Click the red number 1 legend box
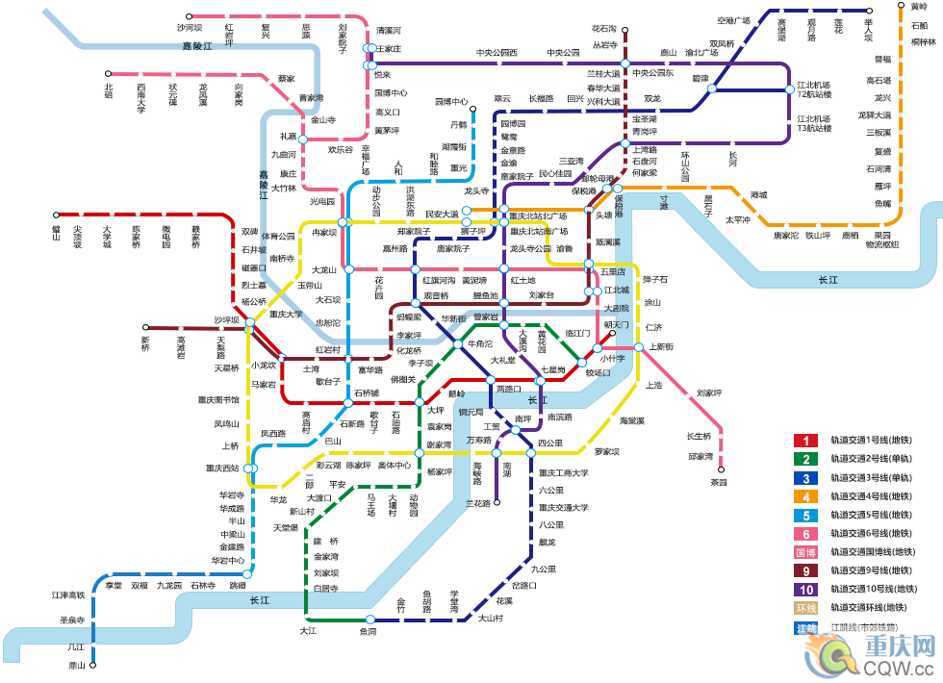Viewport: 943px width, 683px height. coord(804,441)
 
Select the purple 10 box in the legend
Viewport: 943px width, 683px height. coord(804,590)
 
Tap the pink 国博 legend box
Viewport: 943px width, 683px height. coord(804,552)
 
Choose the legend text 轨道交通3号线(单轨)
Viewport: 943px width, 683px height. coord(871,478)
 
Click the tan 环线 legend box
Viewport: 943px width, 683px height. coord(804,608)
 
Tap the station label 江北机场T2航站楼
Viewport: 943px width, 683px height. coord(813,89)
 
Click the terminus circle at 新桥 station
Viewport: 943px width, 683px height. coord(146,328)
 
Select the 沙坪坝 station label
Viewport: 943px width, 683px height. coord(227,319)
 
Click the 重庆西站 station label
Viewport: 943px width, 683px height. coord(222,468)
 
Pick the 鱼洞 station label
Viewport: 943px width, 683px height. coord(368,632)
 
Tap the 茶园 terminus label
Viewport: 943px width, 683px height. coord(719,482)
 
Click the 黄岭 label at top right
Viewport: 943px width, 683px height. coord(919,8)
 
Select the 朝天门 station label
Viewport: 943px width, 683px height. coord(616,324)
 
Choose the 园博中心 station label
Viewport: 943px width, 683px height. coord(450,101)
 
